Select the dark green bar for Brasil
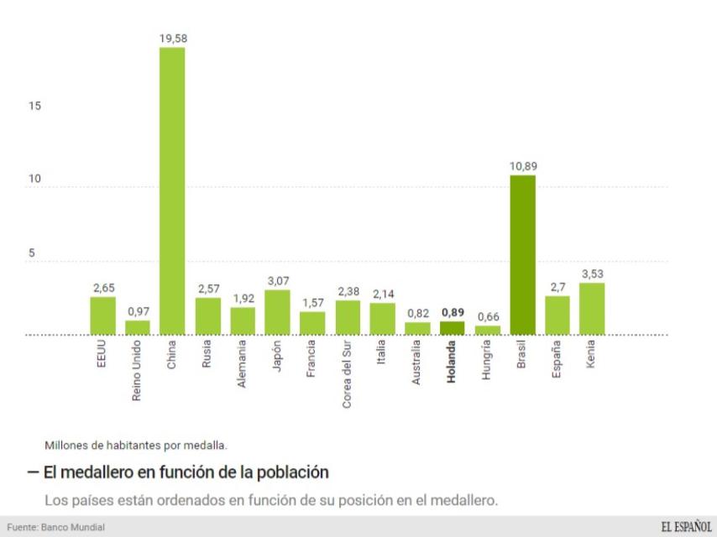[x=522, y=255]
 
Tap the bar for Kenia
[x=591, y=309]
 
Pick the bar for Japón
[x=277, y=312]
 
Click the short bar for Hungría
[x=487, y=330]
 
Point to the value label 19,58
[x=172, y=39]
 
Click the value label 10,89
[x=522, y=166]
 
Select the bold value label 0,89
[x=453, y=312]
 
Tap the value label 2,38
[x=348, y=291]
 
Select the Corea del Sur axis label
[x=347, y=377]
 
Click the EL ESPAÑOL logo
[x=685, y=526]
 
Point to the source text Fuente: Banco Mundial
[x=52, y=527]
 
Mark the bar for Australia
[x=417, y=328]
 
